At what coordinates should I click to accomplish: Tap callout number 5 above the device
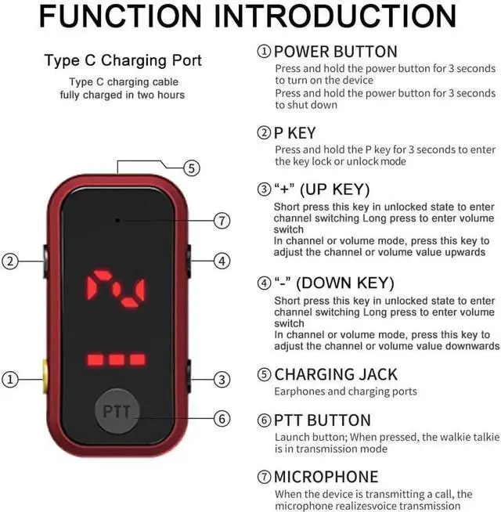click(192, 168)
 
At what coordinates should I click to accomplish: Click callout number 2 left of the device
click(9, 261)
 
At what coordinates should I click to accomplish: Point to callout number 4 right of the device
click(222, 261)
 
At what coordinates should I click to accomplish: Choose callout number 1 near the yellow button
click(9, 380)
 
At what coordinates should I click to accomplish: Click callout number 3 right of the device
click(222, 380)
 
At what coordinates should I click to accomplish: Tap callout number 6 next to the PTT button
click(222, 419)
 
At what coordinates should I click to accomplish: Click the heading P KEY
click(294, 134)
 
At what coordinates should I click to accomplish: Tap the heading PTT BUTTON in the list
click(322, 420)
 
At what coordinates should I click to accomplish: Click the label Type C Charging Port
click(122, 60)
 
